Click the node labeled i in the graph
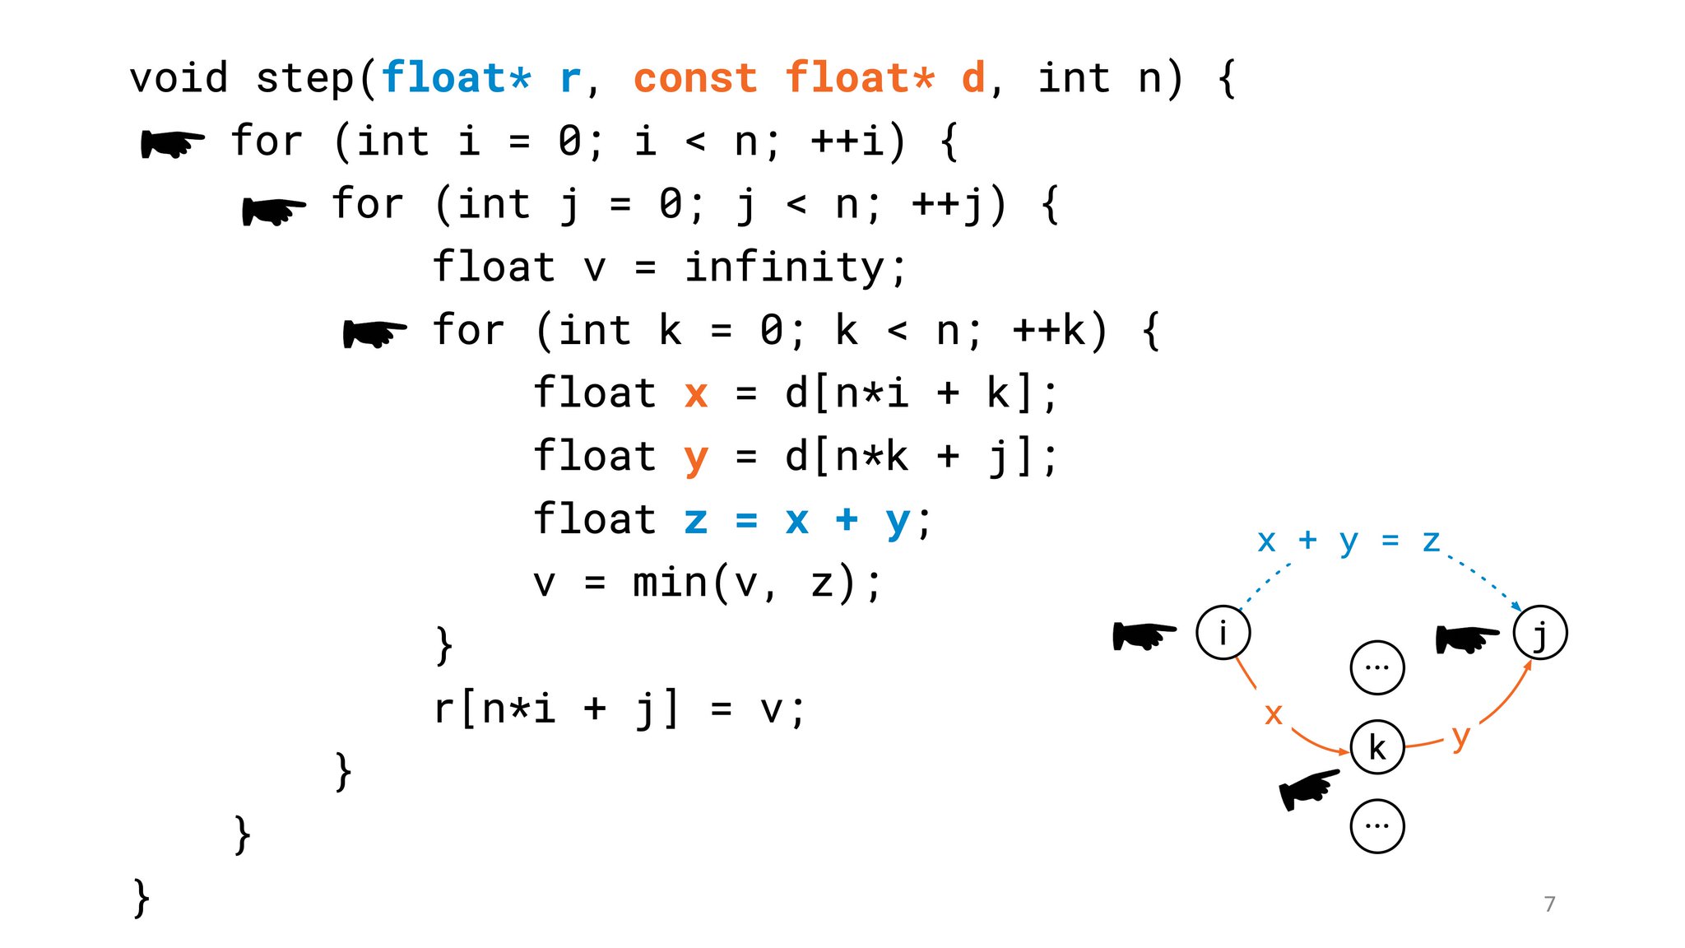(1223, 633)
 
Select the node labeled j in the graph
(1540, 633)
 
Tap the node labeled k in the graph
(1376, 747)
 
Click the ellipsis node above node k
(1376, 667)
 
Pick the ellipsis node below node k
(1376, 825)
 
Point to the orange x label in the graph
(1273, 713)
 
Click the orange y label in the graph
(1460, 737)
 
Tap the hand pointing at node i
(1144, 634)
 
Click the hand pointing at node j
(1467, 638)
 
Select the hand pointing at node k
(1309, 789)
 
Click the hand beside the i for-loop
(172, 143)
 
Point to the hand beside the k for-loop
(374, 333)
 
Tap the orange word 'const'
(695, 79)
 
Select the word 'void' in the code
(179, 79)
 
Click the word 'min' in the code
(670, 583)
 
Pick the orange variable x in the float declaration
(696, 393)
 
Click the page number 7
(1549, 904)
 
